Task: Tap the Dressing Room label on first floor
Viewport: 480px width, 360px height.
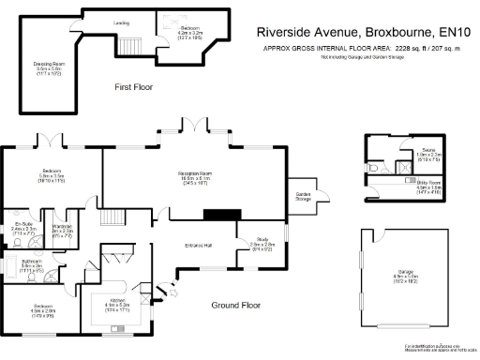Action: pos(48,64)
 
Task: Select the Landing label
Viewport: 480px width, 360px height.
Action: pos(122,22)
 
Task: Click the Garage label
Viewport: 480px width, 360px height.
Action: pos(405,276)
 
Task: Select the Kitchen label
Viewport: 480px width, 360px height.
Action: pos(116,301)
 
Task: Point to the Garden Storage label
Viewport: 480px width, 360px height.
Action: pos(302,195)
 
